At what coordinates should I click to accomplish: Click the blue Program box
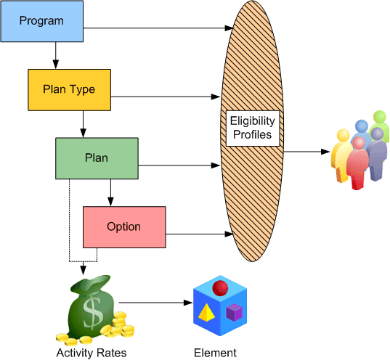click(41, 21)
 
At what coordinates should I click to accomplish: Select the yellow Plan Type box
click(69, 89)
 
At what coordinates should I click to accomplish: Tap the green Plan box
click(97, 158)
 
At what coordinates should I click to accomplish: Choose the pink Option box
click(124, 226)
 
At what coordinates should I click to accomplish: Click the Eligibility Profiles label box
click(252, 127)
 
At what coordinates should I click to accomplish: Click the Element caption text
click(215, 353)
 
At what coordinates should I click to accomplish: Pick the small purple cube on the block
click(234, 313)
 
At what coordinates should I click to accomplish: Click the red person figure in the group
click(357, 163)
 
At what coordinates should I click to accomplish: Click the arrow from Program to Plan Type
click(55, 55)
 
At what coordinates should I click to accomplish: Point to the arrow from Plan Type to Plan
click(83, 123)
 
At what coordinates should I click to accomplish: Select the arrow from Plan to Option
click(110, 192)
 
